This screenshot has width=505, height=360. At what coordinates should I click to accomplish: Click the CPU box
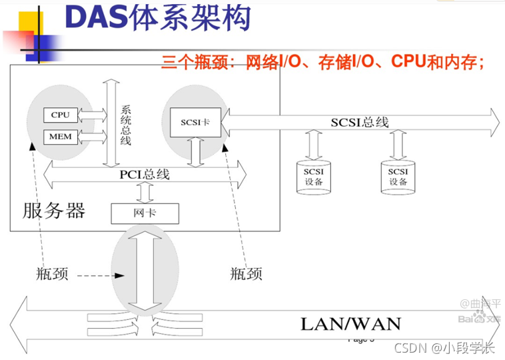click(60, 115)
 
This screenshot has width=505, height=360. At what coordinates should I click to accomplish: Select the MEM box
click(60, 137)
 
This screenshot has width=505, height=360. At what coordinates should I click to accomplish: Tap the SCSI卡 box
click(195, 122)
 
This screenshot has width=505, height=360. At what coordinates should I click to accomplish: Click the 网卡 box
click(145, 213)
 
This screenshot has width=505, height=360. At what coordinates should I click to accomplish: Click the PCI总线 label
click(145, 175)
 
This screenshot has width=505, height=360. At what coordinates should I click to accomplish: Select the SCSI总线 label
click(360, 122)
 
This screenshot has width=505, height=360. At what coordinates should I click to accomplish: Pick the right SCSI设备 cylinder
click(398, 177)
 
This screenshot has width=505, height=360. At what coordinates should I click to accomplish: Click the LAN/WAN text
click(351, 325)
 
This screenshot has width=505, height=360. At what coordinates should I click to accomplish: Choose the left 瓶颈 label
click(52, 273)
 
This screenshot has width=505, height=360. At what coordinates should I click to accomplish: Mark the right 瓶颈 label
click(246, 273)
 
